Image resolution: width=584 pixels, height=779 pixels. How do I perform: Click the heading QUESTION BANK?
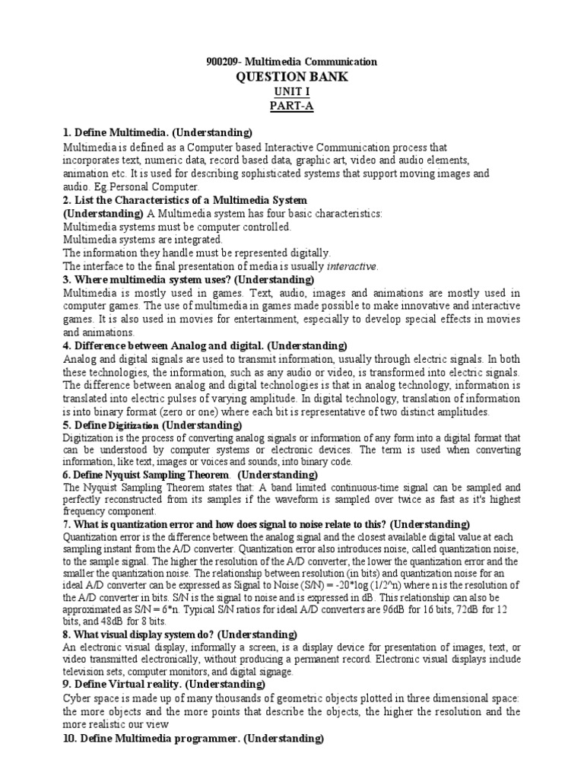point(292,77)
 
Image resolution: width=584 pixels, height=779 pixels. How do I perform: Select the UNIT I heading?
point(292,92)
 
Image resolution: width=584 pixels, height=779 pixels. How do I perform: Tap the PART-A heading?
point(292,106)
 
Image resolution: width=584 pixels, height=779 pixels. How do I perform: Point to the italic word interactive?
point(351,266)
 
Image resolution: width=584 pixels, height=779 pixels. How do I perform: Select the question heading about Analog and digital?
point(205,345)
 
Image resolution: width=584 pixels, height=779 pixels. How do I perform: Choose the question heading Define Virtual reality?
point(163,685)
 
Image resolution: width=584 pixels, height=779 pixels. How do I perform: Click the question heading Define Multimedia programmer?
point(193,739)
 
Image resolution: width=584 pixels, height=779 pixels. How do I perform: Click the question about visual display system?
point(179,634)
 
